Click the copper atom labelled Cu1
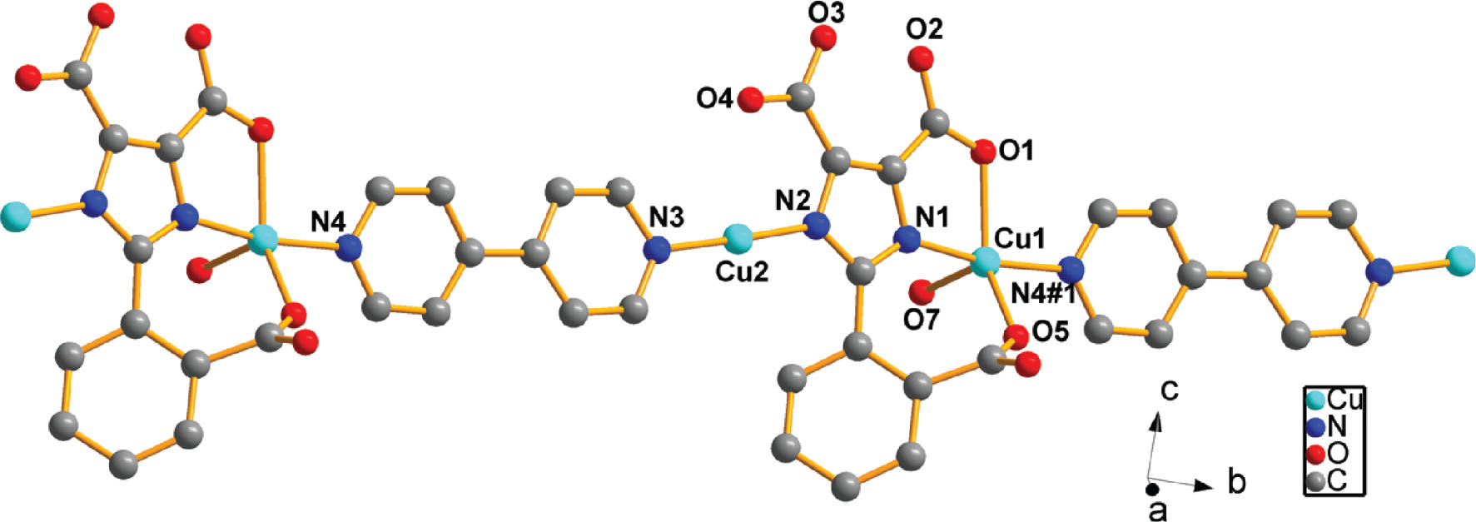pos(986,261)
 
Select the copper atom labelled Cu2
pos(737,239)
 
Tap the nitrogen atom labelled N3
pos(659,249)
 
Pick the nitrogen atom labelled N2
pos(819,225)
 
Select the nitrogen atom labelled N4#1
pos(1071,269)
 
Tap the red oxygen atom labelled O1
pos(984,152)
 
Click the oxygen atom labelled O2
pos(921,59)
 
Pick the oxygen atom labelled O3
pos(824,37)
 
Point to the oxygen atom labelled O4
pos(750,100)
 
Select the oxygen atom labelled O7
pos(921,292)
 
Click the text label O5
pos(1050,331)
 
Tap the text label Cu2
pos(742,272)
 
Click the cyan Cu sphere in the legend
pos(1315,400)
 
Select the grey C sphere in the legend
pos(1315,480)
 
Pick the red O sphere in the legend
pos(1315,454)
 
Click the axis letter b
pos(1237,481)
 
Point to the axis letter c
pos(1170,390)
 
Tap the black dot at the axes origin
pos(1151,490)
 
